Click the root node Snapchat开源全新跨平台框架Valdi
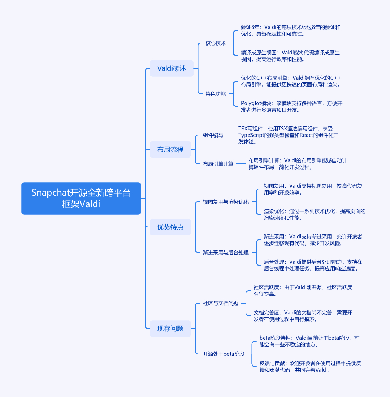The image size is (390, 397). [x=81, y=198]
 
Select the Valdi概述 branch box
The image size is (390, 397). [x=171, y=68]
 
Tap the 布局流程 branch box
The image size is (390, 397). [x=170, y=150]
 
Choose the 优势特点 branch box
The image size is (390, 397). [x=170, y=227]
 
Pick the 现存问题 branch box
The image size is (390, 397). [x=170, y=329]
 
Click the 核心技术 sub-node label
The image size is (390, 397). [x=215, y=43]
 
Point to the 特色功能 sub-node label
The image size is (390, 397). [x=215, y=94]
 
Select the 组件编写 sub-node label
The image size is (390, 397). [x=213, y=135]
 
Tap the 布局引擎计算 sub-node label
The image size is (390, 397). [x=218, y=164]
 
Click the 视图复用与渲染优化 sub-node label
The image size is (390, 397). [x=225, y=202]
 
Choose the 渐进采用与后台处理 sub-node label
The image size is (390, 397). [x=225, y=252]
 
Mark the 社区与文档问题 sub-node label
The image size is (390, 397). [x=220, y=303]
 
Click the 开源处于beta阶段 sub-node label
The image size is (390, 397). [x=223, y=354]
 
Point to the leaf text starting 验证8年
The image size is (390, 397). [x=290, y=30]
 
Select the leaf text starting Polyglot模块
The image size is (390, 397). [x=291, y=106]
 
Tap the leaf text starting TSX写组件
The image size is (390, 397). [x=288, y=135]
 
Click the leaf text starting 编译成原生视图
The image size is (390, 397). [x=290, y=56]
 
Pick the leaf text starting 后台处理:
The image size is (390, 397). [x=313, y=265]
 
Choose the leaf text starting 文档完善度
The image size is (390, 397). [x=303, y=316]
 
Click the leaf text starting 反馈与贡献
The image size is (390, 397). [x=310, y=367]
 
